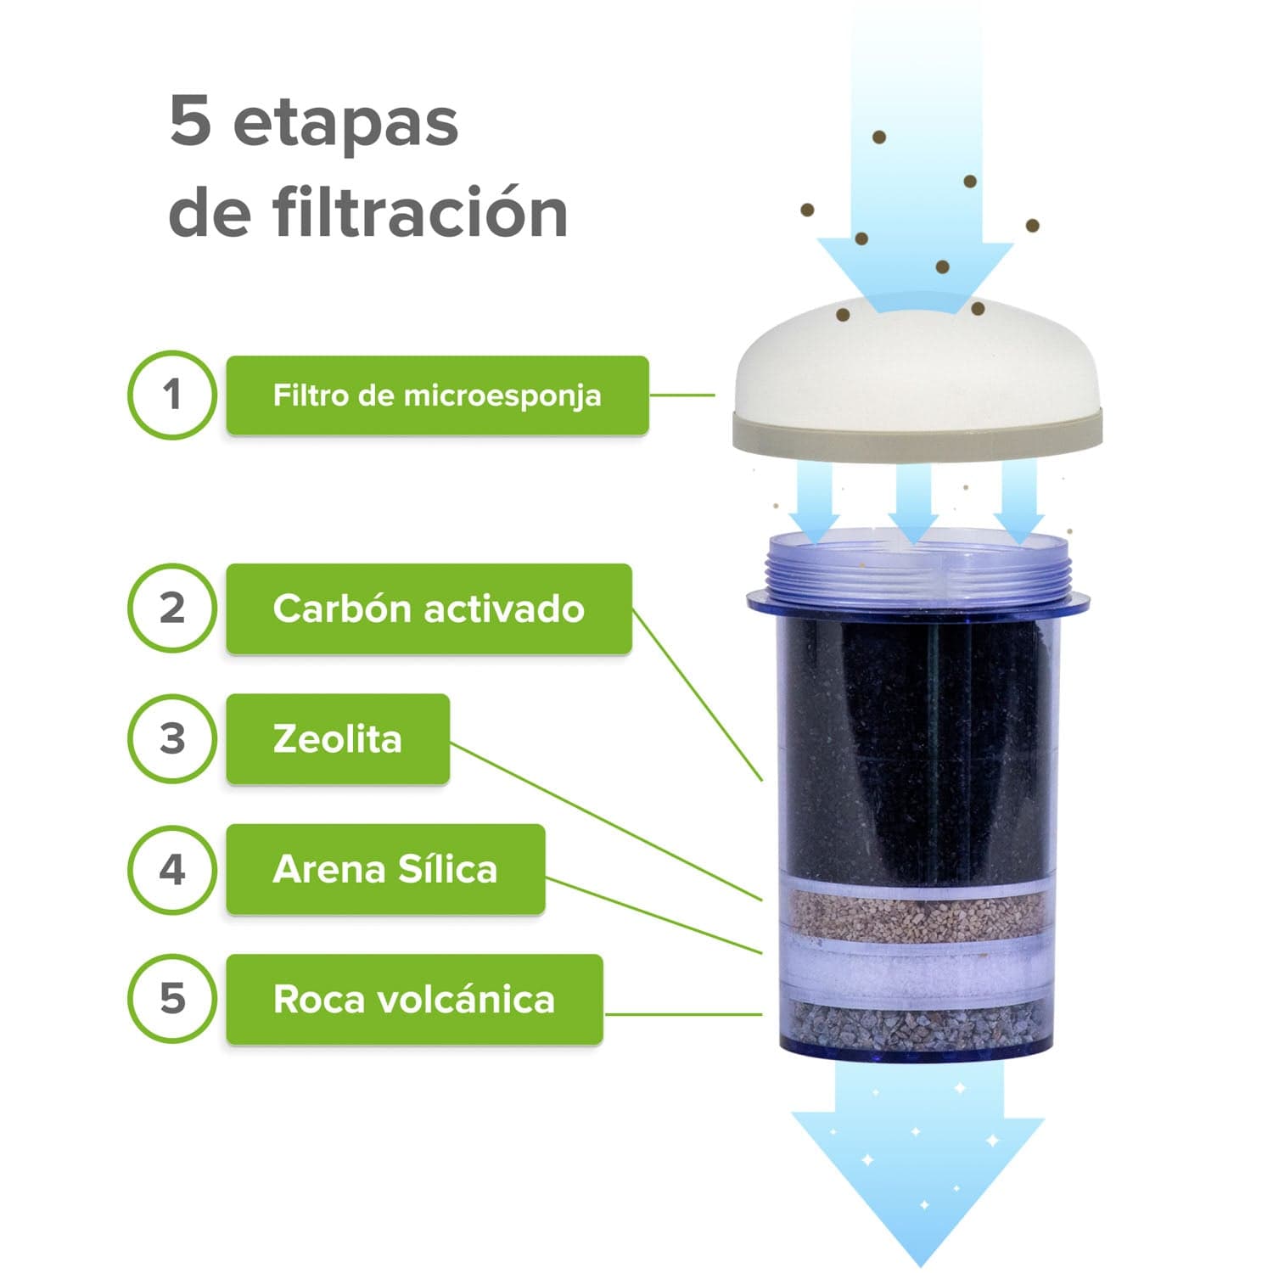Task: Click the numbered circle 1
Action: click(172, 395)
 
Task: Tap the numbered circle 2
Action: click(172, 608)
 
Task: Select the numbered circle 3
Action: click(172, 738)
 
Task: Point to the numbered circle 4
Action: click(172, 869)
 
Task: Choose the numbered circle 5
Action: click(172, 999)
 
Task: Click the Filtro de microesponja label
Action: click(437, 395)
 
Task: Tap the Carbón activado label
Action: click(429, 608)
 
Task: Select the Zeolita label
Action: click(337, 738)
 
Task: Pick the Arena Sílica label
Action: click(385, 869)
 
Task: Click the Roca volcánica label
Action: click(414, 999)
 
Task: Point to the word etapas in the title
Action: click(345, 123)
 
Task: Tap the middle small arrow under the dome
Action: click(913, 505)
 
